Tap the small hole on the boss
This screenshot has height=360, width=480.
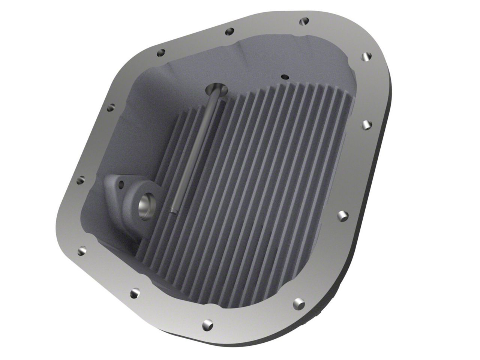121,184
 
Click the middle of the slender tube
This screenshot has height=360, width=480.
195,150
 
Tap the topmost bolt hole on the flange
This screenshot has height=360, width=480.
304,21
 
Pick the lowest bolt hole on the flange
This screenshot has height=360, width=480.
208,324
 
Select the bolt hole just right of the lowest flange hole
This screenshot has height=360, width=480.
298,301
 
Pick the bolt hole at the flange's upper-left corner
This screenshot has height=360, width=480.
110,108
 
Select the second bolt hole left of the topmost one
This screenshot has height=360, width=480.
160,53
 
